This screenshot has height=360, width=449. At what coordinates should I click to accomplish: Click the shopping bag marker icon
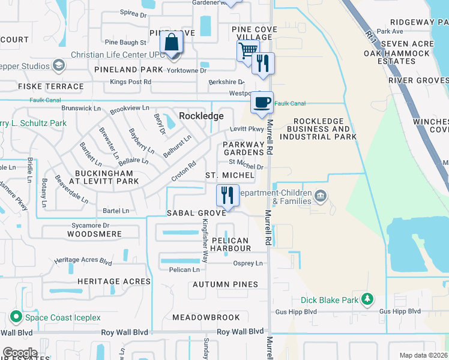(x=172, y=44)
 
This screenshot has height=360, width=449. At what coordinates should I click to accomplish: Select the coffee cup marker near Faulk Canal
(x=262, y=103)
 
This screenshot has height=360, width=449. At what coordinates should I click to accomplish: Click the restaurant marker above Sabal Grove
(x=227, y=196)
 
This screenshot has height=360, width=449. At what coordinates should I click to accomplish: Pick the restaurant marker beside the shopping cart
(x=263, y=64)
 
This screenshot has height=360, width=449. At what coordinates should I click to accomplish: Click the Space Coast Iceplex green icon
(x=14, y=316)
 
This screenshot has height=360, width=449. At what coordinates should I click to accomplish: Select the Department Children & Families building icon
(x=320, y=196)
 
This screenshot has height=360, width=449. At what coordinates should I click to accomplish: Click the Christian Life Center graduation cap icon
(x=59, y=64)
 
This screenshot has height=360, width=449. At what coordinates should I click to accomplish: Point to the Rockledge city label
(x=201, y=116)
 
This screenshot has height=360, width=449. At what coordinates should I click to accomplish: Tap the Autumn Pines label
(x=225, y=284)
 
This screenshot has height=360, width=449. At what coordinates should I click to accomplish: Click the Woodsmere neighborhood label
(x=94, y=234)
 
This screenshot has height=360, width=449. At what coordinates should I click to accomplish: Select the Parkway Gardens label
(x=244, y=148)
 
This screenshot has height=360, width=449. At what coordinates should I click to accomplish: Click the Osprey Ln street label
(x=248, y=263)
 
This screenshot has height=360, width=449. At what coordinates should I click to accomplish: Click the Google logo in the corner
(x=19, y=353)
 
